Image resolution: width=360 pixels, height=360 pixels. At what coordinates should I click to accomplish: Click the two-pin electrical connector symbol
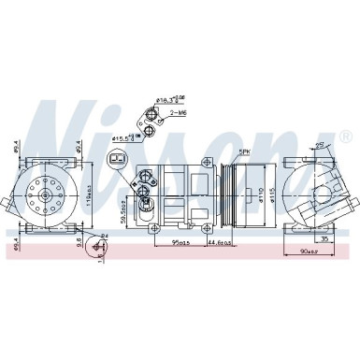(117, 160)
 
